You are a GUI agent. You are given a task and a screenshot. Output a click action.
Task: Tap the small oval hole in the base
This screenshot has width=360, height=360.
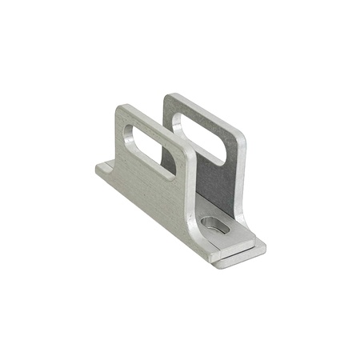[x=214, y=226]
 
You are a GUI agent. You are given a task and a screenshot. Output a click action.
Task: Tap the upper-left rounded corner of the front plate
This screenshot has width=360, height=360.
[x=120, y=110]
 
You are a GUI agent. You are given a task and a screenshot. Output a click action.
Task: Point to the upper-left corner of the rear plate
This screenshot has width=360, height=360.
[x=170, y=98]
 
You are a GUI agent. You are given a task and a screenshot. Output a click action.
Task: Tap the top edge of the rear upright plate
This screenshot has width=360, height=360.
[x=205, y=112]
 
